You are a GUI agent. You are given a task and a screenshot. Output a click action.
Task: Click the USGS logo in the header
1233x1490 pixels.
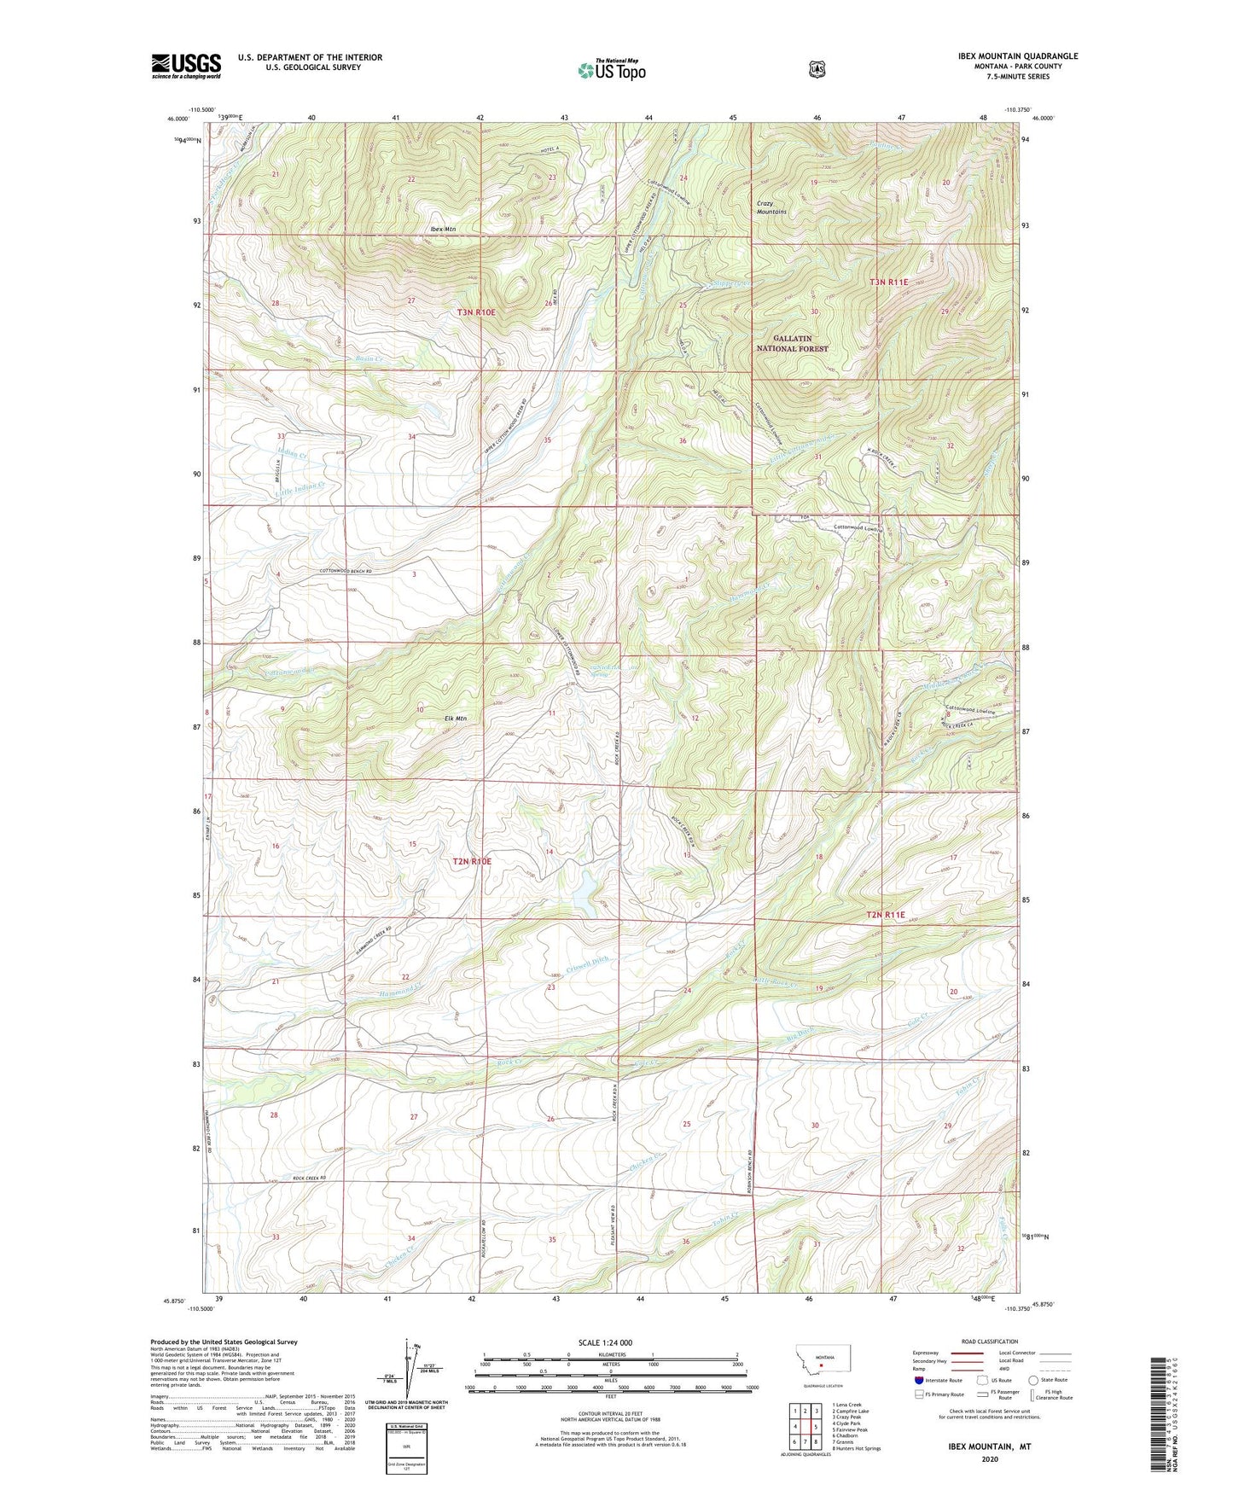point(186,66)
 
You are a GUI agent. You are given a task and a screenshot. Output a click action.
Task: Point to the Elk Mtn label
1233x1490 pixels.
point(456,719)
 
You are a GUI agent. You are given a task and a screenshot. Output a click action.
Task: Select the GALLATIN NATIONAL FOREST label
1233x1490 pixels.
point(793,343)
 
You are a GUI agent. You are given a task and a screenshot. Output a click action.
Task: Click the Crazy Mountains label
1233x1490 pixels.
point(772,207)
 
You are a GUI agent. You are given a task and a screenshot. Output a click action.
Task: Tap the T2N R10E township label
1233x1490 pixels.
point(472,862)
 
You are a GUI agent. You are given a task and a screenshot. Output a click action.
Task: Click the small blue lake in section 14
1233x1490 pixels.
point(584,893)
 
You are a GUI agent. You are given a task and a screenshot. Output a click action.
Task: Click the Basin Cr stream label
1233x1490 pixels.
point(369,359)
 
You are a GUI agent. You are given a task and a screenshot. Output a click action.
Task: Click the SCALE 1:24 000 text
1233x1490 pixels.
point(605,1342)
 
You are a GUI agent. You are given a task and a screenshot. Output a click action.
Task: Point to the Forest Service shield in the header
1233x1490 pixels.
point(817,68)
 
